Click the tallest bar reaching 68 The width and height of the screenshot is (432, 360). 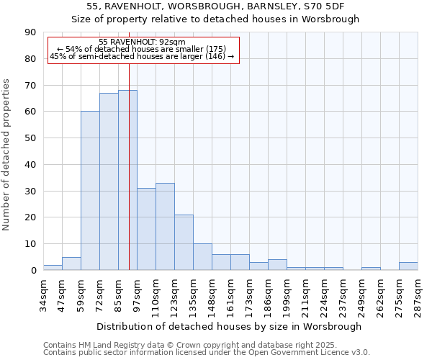click(127, 180)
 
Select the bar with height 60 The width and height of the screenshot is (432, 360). click(90, 191)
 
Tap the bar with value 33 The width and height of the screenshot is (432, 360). click(165, 226)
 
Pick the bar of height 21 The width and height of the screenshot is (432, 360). click(184, 242)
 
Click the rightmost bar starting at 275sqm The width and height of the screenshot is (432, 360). click(408, 266)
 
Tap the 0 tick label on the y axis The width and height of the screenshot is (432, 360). click(33, 270)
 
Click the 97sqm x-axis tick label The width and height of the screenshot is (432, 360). click(137, 291)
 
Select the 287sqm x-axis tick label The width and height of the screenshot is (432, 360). click(418, 292)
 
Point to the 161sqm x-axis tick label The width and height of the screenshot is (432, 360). click(230, 292)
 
